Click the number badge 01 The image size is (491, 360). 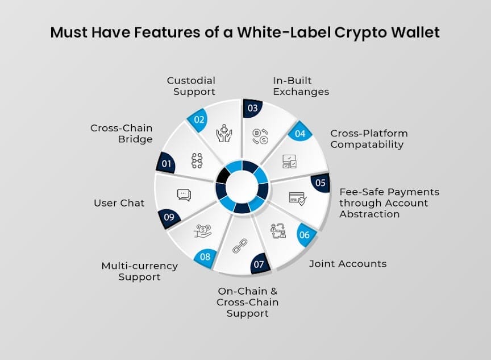[x=167, y=164]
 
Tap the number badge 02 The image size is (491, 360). [x=198, y=119]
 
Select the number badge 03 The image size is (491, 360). [x=252, y=108]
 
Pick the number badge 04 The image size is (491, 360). [x=299, y=135]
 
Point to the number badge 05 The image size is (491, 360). [x=320, y=183]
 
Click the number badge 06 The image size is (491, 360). [x=304, y=234]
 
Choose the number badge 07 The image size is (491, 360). [x=259, y=264]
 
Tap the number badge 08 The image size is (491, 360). [x=205, y=256]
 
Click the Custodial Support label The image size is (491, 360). [x=191, y=86]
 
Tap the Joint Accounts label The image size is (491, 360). [x=347, y=263]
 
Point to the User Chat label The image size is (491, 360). [x=119, y=202]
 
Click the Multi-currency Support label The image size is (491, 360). [x=139, y=271]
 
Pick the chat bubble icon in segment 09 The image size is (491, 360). [x=184, y=195]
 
